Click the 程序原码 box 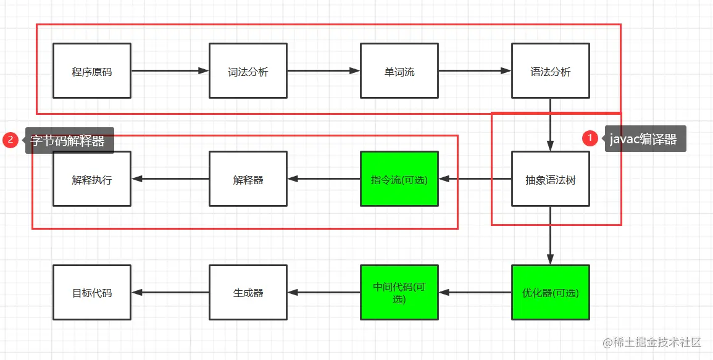point(91,71)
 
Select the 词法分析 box point(248,71)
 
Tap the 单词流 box point(399,71)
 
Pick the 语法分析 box point(550,71)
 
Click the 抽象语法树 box point(550,179)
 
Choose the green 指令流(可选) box point(399,179)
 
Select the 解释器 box point(248,179)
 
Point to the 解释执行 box point(91,179)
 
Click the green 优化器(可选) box point(550,292)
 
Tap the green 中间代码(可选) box point(399,292)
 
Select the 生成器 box point(248,292)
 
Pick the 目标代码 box point(91,292)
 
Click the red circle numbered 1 point(590,138)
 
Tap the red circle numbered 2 point(10,140)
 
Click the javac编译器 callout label point(644,139)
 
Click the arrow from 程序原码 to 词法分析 point(170,71)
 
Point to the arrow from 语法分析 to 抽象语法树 point(550,125)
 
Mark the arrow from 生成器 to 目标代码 point(170,292)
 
